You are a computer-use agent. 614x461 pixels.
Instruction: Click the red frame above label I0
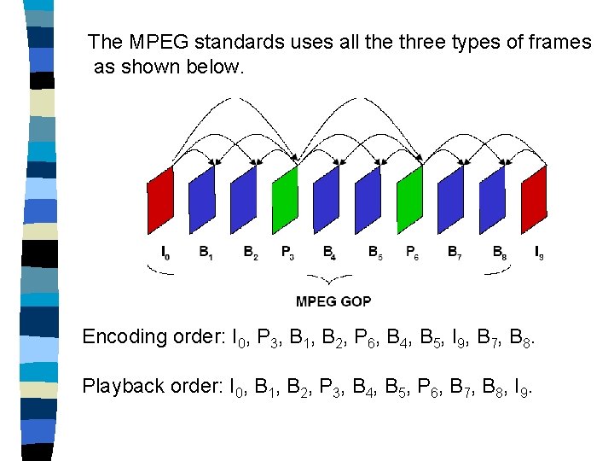(x=160, y=200)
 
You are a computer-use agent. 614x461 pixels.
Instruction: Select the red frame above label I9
(x=534, y=200)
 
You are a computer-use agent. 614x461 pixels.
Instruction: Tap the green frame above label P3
(x=285, y=200)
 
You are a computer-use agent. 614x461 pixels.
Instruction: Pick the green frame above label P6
(x=409, y=200)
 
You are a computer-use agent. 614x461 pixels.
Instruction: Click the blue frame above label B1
(x=202, y=200)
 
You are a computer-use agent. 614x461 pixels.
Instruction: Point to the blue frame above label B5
(x=368, y=200)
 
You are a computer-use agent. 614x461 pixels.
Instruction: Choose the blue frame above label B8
(x=492, y=200)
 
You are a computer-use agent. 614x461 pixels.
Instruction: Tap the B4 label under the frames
(x=329, y=252)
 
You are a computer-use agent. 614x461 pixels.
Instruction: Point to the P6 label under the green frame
(x=412, y=252)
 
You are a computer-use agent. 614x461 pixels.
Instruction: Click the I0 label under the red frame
(x=165, y=252)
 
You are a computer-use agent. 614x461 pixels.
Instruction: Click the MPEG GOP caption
(x=333, y=301)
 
